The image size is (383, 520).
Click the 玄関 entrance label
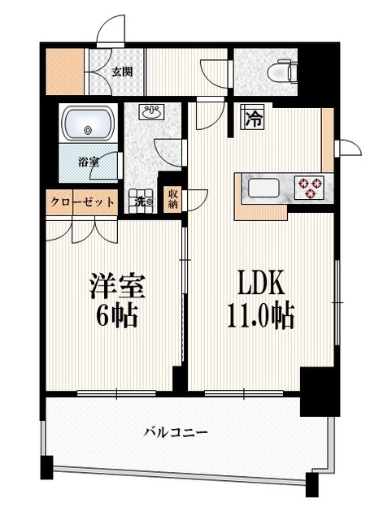121,71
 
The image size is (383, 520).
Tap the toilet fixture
285,71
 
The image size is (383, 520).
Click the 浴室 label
88,161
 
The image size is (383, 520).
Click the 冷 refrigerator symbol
252,119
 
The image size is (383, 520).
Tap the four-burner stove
309,188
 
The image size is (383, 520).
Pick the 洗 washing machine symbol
141,201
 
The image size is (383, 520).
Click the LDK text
259,285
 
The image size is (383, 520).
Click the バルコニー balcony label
176,432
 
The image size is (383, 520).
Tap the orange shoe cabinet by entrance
63,71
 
